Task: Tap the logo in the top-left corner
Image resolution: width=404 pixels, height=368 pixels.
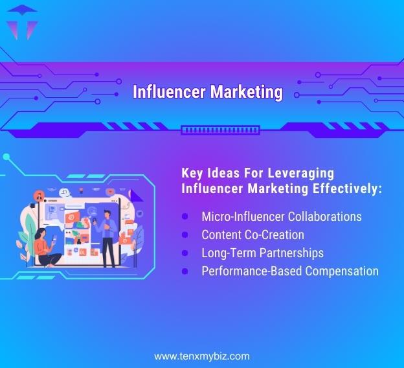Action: (x=21, y=21)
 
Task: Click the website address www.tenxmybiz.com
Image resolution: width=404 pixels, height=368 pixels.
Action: (x=201, y=356)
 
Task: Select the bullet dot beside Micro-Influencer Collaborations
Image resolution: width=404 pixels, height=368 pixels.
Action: (x=185, y=216)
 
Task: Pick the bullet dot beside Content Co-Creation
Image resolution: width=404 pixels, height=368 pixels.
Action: (x=185, y=234)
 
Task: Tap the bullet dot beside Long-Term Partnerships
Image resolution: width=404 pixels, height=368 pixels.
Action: (x=185, y=252)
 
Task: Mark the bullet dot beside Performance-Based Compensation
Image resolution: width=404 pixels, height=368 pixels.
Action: (x=185, y=271)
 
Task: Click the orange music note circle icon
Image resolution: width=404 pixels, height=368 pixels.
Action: (x=40, y=196)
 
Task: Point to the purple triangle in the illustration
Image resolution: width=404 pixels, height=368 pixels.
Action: (x=135, y=195)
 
